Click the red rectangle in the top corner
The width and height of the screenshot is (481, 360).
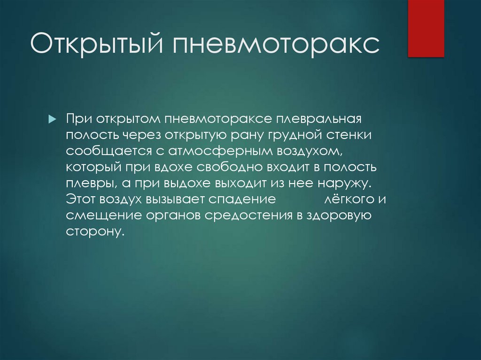(426, 28)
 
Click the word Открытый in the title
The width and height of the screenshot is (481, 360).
(96, 46)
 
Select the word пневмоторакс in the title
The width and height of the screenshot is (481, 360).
(277, 46)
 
